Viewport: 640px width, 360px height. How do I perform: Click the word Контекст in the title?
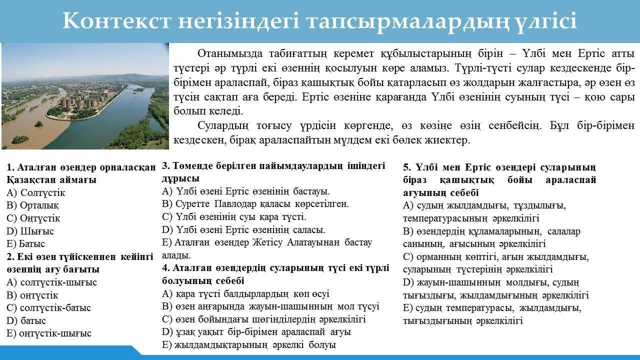click(117, 20)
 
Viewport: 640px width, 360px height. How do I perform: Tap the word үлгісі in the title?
click(541, 21)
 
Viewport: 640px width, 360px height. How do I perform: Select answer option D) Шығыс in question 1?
click(30, 231)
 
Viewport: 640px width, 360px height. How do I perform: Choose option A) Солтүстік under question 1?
click(35, 193)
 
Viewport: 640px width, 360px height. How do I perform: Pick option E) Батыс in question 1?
click(25, 243)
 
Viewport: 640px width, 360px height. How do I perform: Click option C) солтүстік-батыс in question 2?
click(48, 307)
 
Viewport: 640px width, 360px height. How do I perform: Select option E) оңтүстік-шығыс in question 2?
click(49, 333)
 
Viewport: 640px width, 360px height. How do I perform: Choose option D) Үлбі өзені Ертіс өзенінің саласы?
click(243, 229)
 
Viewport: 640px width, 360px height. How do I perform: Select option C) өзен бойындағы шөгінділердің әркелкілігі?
click(263, 319)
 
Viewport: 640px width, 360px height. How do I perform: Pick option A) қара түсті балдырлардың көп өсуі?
click(245, 293)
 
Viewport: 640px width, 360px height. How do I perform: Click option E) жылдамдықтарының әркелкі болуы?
click(249, 345)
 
